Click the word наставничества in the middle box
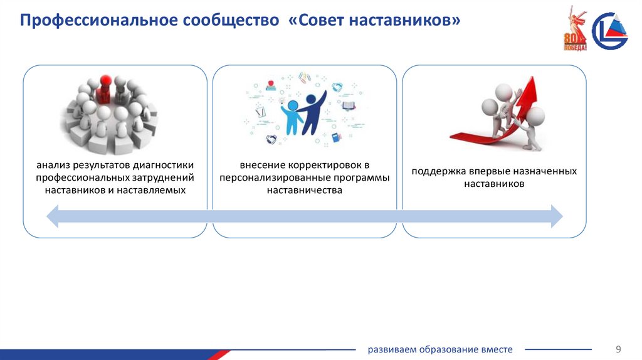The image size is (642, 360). [x=305, y=190]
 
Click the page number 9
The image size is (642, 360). [x=618, y=349]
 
